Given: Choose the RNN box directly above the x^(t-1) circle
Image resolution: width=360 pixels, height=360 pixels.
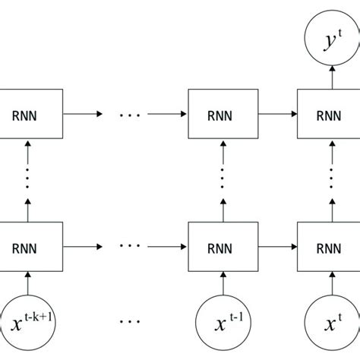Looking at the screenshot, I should [223, 247].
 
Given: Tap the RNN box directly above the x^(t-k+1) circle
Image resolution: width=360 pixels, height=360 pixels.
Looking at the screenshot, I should [27, 247].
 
